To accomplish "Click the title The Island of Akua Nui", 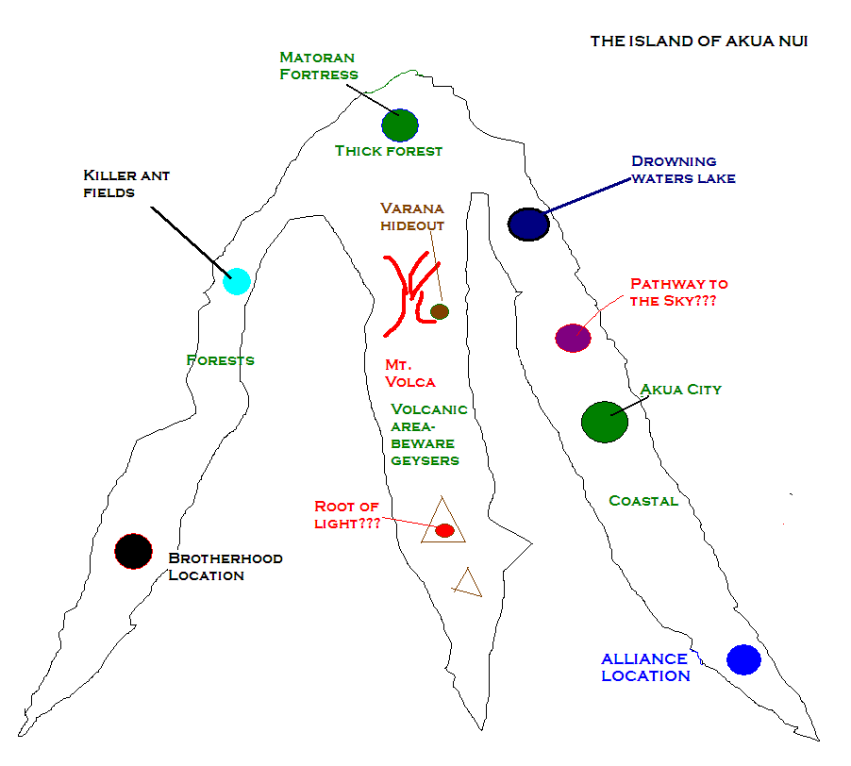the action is pos(699,42).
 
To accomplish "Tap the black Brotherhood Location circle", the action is pos(134,551).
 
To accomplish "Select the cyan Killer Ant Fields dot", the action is pos(237,281).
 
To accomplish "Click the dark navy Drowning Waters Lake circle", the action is pos(528,225).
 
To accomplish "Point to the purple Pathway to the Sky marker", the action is pos(573,338).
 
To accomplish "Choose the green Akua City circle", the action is pos(605,422).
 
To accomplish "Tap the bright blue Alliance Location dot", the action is pos(743,659).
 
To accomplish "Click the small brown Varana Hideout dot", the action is pos(440,312).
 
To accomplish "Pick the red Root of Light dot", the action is pos(445,530).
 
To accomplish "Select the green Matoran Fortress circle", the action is pos(400,125).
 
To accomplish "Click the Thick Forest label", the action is pos(389,151).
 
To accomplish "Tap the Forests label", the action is pos(221,360).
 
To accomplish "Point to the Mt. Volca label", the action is pos(410,374).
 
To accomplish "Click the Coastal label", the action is pos(643,501).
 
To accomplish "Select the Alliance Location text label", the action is pos(646,667).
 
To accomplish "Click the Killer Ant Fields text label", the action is pos(126,184).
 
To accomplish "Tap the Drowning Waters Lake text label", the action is pos(684,170).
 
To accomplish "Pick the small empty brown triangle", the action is pos(468,584).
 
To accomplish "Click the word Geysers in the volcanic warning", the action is pos(425,461).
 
